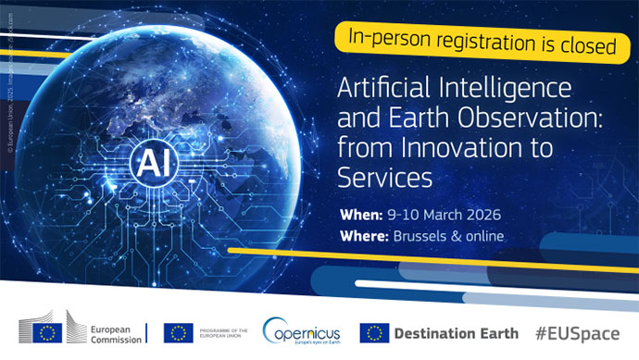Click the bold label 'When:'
pos(362,214)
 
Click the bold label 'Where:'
pos(365,236)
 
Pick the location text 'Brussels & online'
pos(450,236)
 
